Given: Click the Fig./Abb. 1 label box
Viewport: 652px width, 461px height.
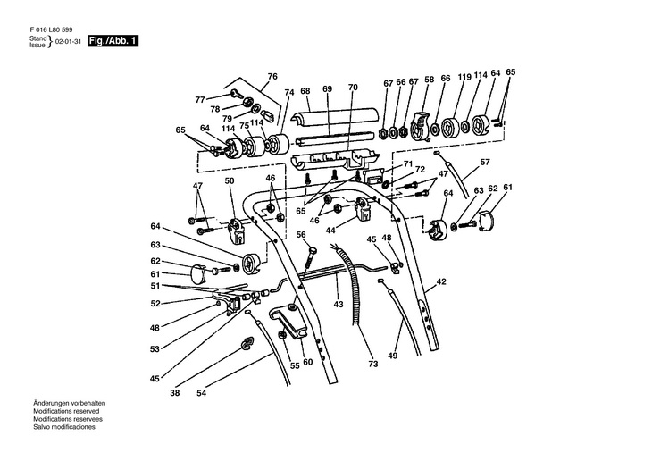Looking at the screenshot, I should (x=113, y=42).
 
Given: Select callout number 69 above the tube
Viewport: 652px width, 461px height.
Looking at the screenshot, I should (x=327, y=89).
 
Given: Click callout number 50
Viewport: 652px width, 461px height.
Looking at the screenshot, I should (x=229, y=181).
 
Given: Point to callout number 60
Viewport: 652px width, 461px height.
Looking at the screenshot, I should (x=307, y=363).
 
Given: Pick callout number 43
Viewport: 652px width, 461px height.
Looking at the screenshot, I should (x=339, y=304).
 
